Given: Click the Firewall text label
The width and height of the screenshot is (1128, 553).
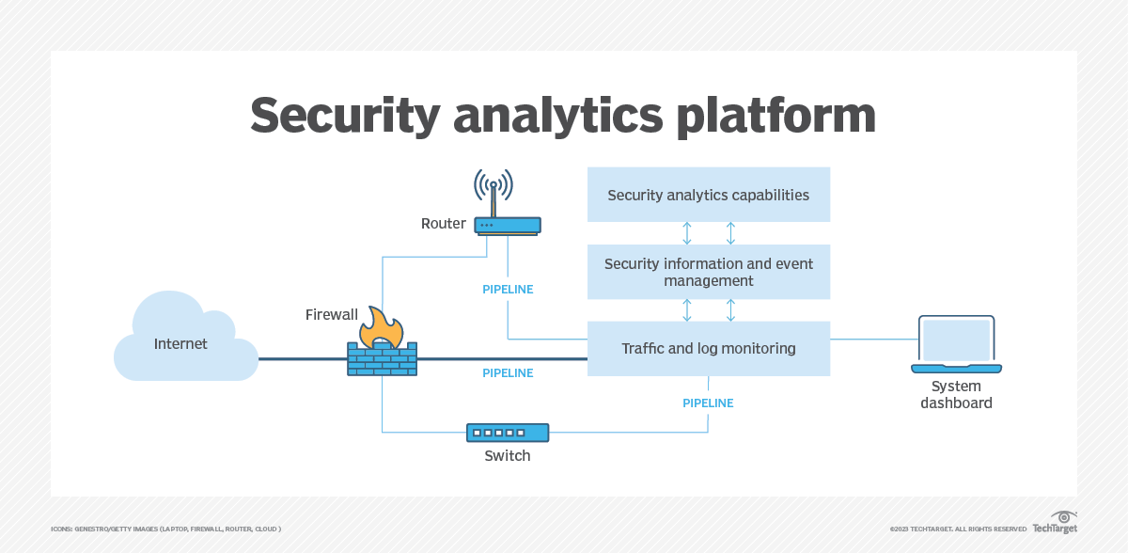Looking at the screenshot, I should tap(331, 314).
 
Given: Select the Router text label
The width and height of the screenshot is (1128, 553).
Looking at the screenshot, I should tap(443, 223).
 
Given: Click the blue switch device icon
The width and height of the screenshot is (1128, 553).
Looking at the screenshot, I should tap(508, 433).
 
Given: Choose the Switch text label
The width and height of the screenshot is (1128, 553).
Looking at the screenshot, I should tap(508, 456).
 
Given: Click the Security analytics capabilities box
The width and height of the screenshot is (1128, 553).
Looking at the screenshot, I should tap(708, 195).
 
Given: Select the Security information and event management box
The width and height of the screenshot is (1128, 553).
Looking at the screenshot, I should tap(708, 272).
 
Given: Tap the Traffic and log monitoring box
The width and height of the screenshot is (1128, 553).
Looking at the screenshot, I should tap(708, 348).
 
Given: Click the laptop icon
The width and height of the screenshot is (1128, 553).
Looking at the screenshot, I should tap(956, 344).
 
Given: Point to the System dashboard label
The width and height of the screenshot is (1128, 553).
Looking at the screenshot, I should tap(956, 394).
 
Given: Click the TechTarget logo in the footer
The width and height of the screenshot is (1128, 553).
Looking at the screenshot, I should tap(1055, 524).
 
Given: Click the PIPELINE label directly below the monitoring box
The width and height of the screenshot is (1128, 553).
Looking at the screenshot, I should tap(708, 403).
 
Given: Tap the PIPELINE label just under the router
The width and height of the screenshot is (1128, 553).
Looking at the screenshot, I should tap(508, 290).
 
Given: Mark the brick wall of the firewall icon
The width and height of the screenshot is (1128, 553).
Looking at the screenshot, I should tap(383, 360).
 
